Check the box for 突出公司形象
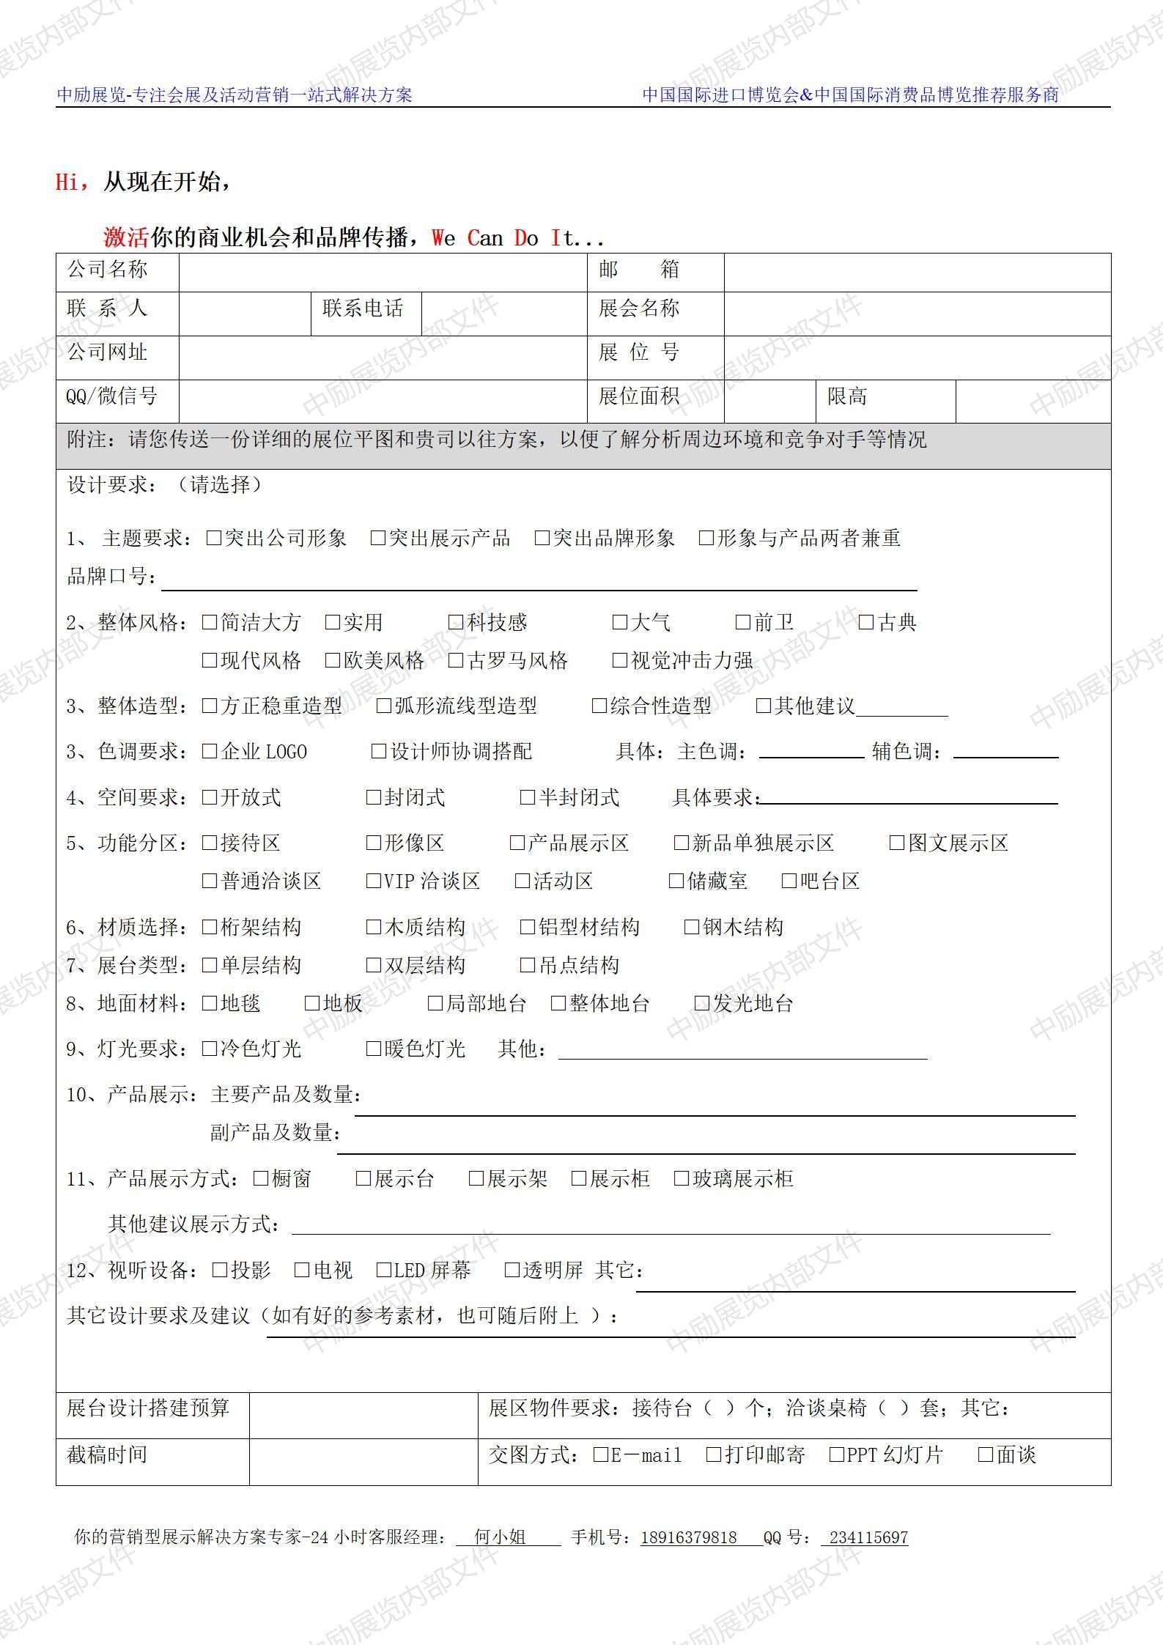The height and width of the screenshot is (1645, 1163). click(214, 538)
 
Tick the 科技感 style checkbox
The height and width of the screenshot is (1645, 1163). click(456, 622)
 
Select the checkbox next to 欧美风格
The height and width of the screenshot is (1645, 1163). click(333, 660)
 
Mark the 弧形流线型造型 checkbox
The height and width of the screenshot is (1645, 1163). click(383, 706)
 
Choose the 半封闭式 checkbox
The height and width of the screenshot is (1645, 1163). click(527, 797)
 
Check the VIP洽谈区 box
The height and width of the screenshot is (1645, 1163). click(373, 881)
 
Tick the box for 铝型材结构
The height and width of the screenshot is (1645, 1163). click(527, 927)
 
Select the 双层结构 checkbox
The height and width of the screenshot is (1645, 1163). click(373, 965)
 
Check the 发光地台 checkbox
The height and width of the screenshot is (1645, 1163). click(702, 1003)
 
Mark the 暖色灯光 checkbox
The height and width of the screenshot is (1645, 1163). click(373, 1049)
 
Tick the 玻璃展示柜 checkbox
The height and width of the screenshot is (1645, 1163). click(681, 1178)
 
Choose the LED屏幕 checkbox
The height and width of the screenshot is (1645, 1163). click(383, 1270)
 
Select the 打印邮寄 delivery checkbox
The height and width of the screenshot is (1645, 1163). click(713, 1454)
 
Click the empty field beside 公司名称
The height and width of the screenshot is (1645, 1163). click(383, 272)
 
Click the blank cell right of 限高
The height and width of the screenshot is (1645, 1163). click(1033, 400)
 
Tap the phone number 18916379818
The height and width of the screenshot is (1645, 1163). click(688, 1537)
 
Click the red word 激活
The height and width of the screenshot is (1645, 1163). click(126, 237)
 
